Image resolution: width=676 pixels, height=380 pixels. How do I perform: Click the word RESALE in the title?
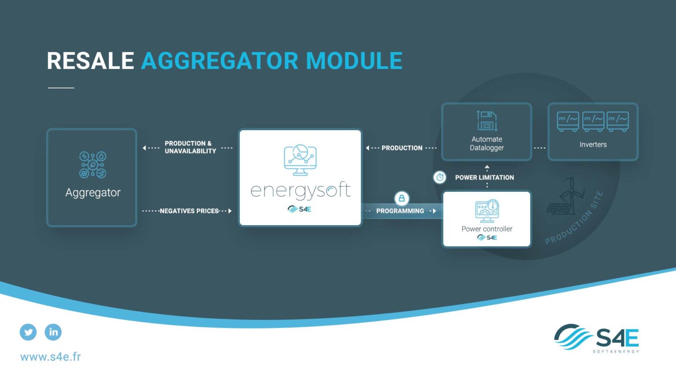(x=90, y=61)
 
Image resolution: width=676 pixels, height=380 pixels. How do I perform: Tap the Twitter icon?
(x=28, y=332)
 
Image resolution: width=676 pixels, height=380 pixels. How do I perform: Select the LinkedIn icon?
(x=53, y=332)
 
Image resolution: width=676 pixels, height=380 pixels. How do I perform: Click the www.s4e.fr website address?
(x=51, y=357)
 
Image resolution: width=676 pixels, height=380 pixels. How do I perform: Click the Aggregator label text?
(x=93, y=193)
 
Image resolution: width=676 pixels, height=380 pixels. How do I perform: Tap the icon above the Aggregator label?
(x=92, y=164)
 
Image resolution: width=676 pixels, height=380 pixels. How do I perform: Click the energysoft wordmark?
(x=301, y=190)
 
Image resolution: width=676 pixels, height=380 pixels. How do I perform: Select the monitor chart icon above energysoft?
(x=300, y=160)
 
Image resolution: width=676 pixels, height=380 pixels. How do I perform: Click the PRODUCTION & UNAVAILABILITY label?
(x=190, y=147)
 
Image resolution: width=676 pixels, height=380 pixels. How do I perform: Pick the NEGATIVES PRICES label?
(x=189, y=211)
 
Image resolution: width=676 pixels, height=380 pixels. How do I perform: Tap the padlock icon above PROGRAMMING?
(x=401, y=198)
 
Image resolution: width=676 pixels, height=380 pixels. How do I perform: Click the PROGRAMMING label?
(x=400, y=211)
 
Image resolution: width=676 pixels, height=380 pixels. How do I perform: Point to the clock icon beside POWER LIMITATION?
(x=440, y=177)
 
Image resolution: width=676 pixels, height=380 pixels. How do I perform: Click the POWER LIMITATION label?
(x=485, y=178)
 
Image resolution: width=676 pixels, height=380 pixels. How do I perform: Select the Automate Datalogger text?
(x=487, y=143)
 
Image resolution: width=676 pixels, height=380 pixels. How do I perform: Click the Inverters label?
(x=593, y=145)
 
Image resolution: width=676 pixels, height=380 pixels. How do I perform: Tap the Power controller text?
(x=487, y=229)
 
